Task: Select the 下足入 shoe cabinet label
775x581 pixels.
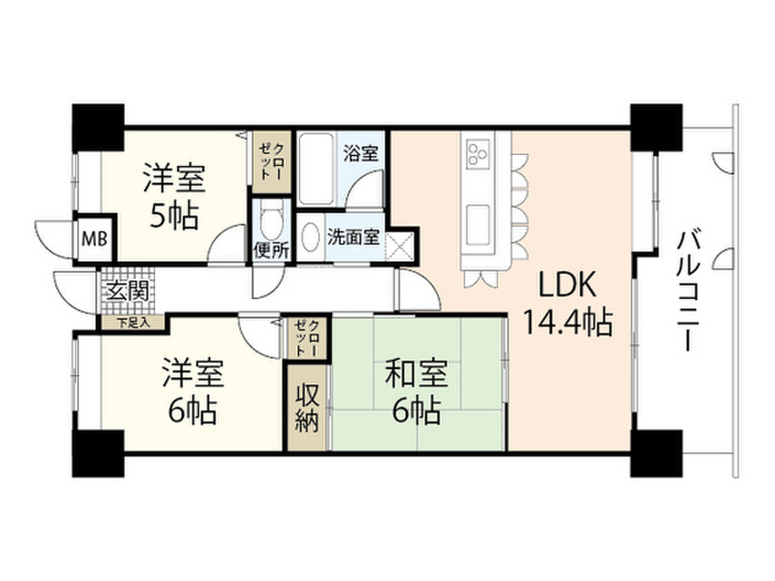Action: pyautogui.click(x=133, y=322)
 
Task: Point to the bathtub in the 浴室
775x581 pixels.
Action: pyautogui.click(x=316, y=169)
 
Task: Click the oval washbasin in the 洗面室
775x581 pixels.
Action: pyautogui.click(x=310, y=238)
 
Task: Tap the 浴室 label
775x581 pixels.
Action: pyautogui.click(x=360, y=153)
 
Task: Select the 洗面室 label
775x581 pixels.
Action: pyautogui.click(x=353, y=236)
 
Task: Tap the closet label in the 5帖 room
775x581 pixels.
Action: pyautogui.click(x=270, y=160)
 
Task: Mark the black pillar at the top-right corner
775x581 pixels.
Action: pyautogui.click(x=657, y=126)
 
